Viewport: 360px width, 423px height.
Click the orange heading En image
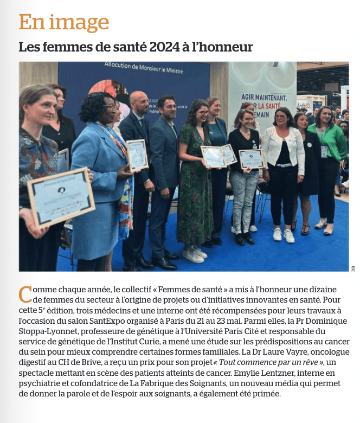pos(64,22)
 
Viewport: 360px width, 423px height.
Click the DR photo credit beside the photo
pos(353,267)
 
